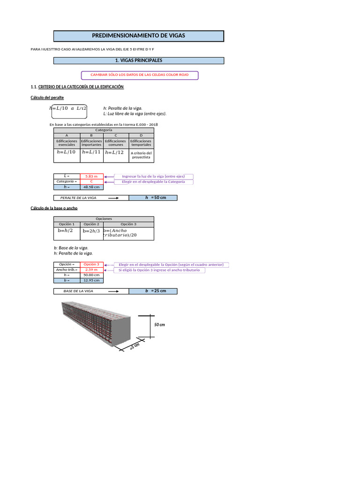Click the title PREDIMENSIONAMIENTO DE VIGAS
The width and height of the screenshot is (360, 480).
[138, 36]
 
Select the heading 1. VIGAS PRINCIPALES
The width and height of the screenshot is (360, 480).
[138, 60]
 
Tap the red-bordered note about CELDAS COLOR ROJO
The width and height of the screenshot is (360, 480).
[139, 75]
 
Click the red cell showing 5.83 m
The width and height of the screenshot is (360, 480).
[91, 176]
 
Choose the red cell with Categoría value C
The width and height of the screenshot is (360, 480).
[91, 181]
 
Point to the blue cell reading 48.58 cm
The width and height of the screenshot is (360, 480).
[91, 187]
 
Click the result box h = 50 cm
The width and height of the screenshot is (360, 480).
[153, 198]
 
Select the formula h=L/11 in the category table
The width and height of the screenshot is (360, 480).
[91, 152]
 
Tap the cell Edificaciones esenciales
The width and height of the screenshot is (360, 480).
[67, 143]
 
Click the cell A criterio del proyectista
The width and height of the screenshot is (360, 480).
[141, 155]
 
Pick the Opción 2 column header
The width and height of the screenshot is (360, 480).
[91, 224]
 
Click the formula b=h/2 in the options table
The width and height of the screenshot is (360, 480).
[67, 231]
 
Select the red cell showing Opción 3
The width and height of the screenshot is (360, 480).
[91, 265]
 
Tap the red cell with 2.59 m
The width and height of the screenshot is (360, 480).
[91, 270]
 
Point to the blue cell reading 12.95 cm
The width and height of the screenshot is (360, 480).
[91, 280]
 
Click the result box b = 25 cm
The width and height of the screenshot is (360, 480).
[153, 291]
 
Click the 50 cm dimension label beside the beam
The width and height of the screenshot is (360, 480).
[160, 324]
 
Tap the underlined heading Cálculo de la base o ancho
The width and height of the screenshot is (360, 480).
[54, 208]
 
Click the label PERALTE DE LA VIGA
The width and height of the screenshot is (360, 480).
[79, 198]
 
